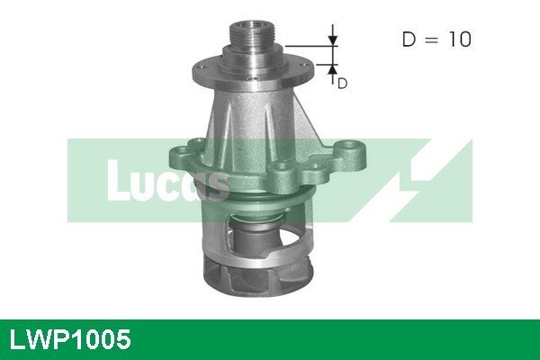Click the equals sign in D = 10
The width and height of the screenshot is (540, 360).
tap(431, 40)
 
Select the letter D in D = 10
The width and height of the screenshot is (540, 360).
tap(408, 40)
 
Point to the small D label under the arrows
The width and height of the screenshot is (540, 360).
tap(342, 83)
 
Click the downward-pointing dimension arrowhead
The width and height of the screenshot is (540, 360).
tap(333, 39)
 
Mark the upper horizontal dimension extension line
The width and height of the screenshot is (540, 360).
tap(311, 45)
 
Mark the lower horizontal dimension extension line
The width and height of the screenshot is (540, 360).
tap(311, 64)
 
